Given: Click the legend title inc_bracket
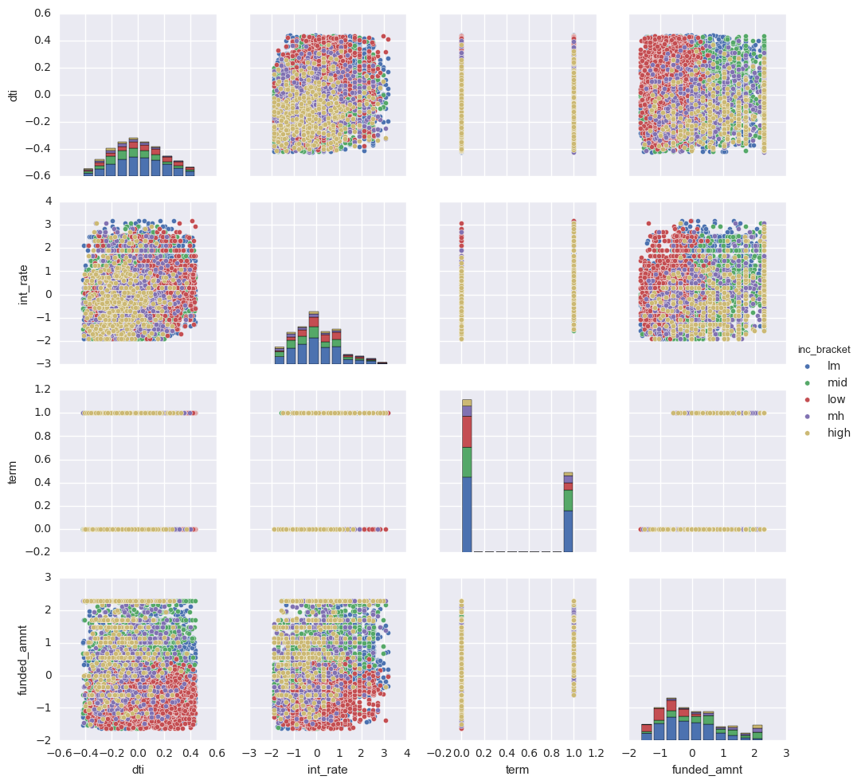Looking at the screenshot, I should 824,349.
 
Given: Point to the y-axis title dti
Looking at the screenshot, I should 12,94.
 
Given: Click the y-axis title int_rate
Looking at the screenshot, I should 12,282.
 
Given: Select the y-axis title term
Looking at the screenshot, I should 12,470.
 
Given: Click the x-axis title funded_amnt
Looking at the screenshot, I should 707,771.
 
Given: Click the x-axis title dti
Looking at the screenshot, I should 138,771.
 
